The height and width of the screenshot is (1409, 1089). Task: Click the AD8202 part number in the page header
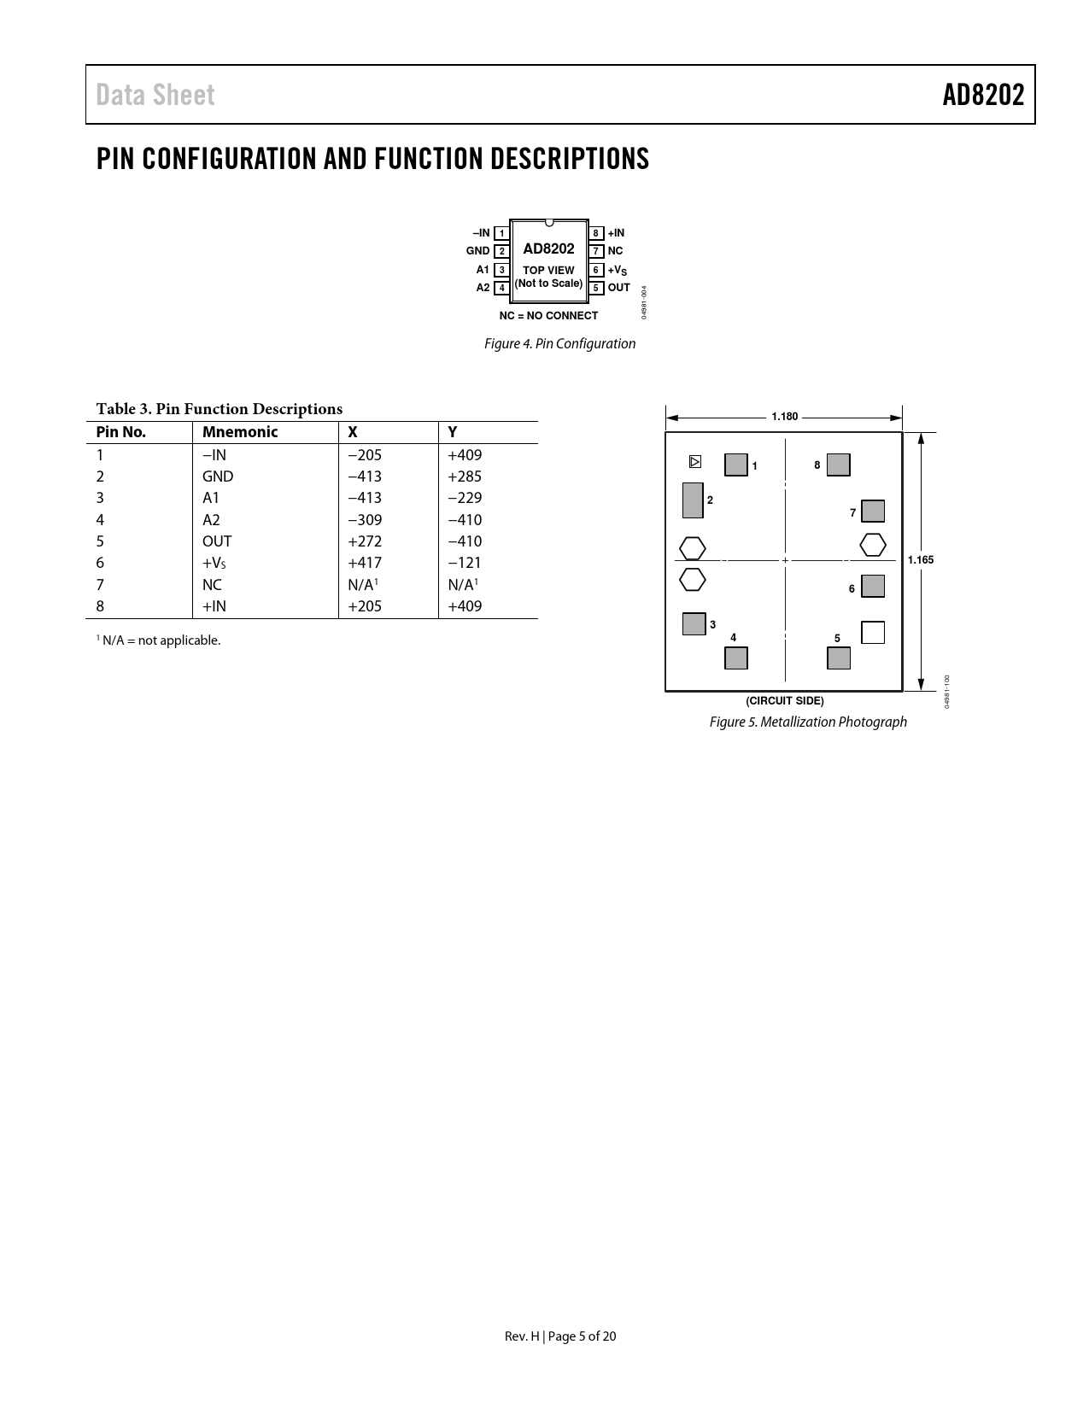tap(983, 96)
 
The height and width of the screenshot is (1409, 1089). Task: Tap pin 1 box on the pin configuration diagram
tap(502, 233)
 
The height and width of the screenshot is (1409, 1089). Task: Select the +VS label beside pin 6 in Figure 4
tap(618, 271)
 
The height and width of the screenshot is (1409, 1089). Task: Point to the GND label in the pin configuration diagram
tap(477, 251)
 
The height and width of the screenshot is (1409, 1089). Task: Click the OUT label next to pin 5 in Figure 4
tap(618, 288)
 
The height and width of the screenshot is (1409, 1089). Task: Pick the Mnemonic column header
tap(240, 432)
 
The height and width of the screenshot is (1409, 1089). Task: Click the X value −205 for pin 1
tap(365, 455)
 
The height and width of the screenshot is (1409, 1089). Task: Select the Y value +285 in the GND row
tap(465, 476)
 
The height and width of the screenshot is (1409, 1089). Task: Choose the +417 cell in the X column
tap(365, 563)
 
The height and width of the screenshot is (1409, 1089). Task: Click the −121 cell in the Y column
tap(465, 563)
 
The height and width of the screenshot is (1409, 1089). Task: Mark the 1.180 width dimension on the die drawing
tap(784, 417)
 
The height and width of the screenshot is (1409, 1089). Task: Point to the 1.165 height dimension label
tap(921, 560)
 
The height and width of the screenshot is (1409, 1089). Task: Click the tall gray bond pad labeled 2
tap(693, 500)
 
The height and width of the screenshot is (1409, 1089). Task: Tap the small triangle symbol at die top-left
tap(695, 462)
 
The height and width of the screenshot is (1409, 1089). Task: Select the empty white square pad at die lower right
tap(873, 632)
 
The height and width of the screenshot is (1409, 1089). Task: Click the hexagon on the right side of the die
tap(873, 544)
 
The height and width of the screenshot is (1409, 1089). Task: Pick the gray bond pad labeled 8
tap(839, 465)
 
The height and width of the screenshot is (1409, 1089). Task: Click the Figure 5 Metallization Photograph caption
tap(808, 722)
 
